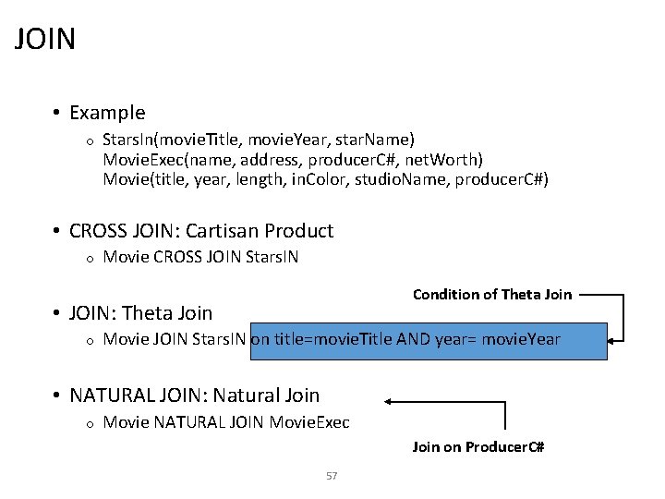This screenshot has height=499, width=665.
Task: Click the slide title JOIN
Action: click(45, 40)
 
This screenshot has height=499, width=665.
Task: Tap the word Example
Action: click(107, 113)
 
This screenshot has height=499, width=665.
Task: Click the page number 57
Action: click(332, 476)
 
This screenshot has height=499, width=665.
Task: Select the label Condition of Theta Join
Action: click(491, 295)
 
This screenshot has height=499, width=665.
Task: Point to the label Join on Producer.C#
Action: click(478, 447)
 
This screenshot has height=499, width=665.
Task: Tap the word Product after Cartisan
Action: click(299, 231)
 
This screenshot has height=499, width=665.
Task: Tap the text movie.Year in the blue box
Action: click(521, 339)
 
